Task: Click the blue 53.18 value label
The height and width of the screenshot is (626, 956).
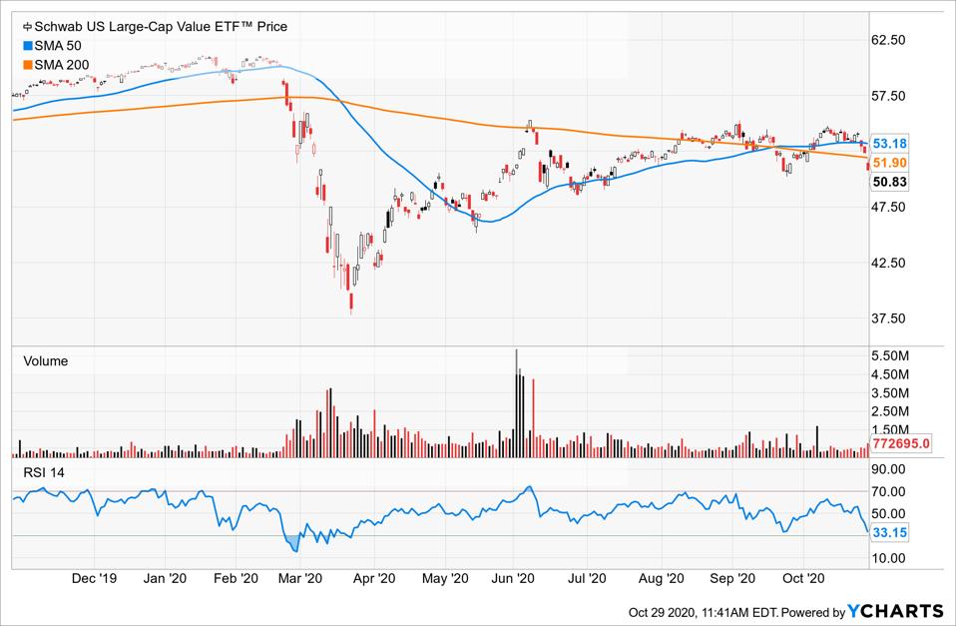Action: (x=889, y=144)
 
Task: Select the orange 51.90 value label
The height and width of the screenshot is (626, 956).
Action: (x=889, y=163)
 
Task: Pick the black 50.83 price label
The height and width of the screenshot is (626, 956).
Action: (x=889, y=182)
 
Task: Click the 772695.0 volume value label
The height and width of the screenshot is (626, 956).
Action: (x=901, y=443)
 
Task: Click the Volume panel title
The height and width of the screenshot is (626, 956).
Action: (x=46, y=361)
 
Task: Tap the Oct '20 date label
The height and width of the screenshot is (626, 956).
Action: (x=802, y=578)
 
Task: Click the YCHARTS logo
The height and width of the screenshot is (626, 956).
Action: (x=895, y=611)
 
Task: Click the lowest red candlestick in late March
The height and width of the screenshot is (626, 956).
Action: (x=351, y=301)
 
